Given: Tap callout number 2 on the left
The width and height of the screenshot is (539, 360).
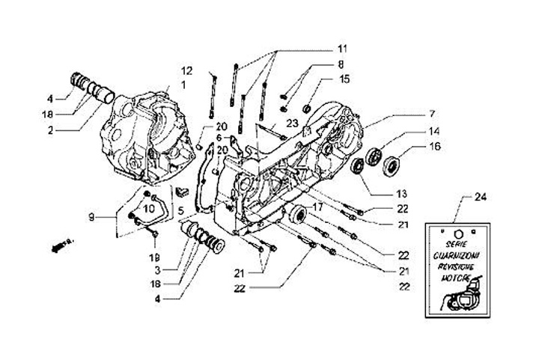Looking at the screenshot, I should pos(50,129).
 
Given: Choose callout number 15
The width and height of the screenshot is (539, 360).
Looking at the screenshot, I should pos(344,79).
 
